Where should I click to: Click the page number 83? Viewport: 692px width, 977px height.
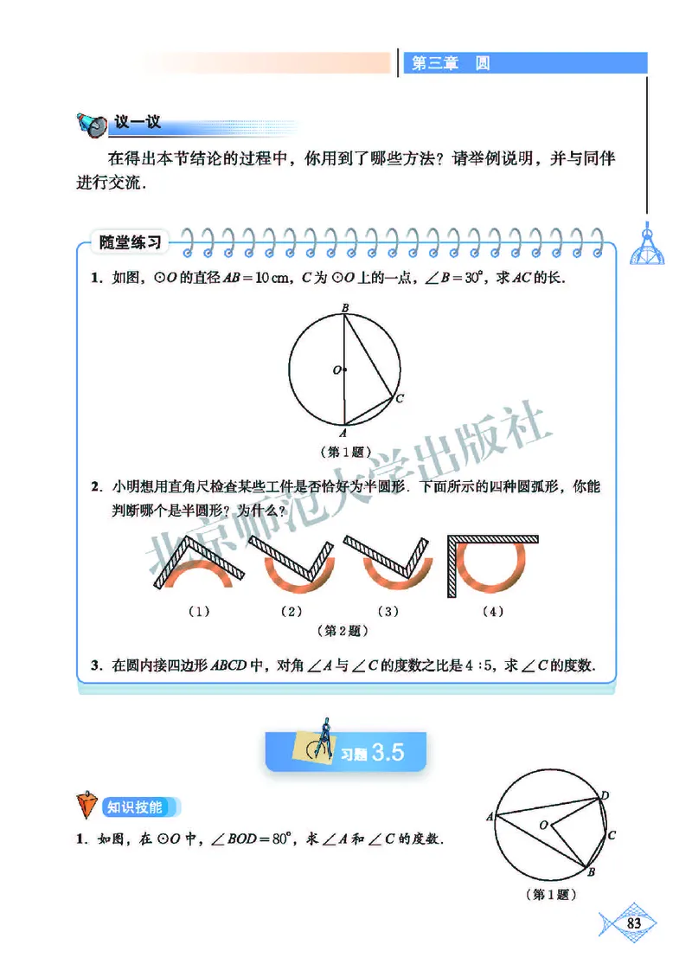pos(633,923)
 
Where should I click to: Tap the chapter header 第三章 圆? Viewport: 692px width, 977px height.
pos(451,63)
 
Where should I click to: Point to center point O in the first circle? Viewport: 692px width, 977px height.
pos(343,370)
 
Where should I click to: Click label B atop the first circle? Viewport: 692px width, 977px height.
pos(344,307)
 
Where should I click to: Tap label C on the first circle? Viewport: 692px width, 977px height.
pos(399,399)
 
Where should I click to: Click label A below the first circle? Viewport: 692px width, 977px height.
pos(343,433)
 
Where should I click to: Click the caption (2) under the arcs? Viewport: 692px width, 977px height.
pos(292,612)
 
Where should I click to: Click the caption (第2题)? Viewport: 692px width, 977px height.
pos(345,631)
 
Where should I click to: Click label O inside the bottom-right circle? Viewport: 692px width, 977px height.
pos(543,826)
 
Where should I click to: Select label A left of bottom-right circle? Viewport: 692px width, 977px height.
pos(490,816)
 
